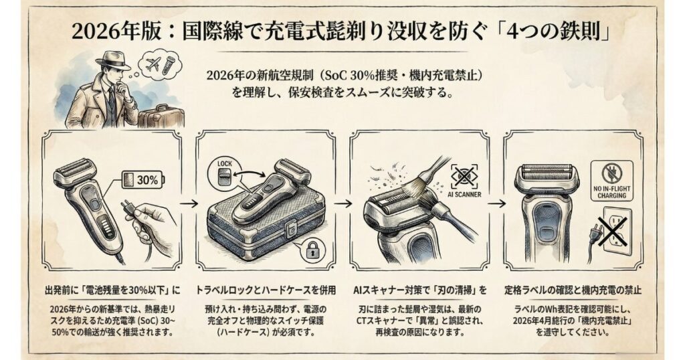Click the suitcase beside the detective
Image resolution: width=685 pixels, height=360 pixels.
click(160, 115)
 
